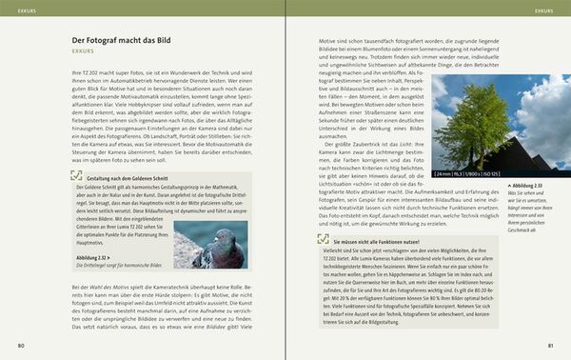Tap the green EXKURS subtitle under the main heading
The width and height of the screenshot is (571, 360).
[x=83, y=54]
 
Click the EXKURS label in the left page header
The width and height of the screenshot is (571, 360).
[x=20, y=11]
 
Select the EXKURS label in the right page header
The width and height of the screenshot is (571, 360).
[x=545, y=11]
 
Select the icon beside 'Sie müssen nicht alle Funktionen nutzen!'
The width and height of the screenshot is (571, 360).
[x=312, y=243]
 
